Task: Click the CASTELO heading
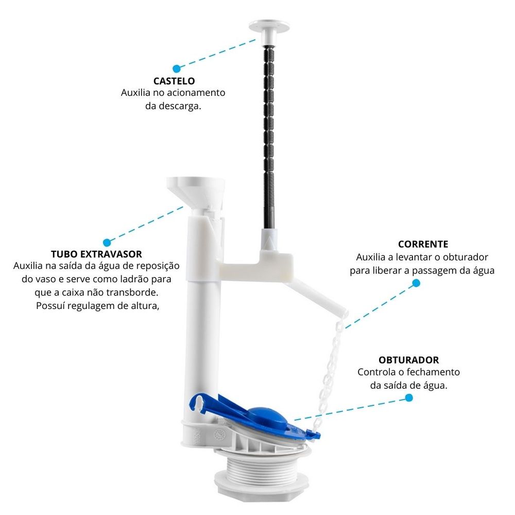(x=174, y=81)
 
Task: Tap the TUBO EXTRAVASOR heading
(x=96, y=254)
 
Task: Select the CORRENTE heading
(x=422, y=244)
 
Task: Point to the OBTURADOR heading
(x=408, y=360)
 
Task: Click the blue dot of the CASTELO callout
(x=176, y=68)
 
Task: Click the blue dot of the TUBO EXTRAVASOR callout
(x=107, y=242)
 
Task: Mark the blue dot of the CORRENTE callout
(x=416, y=283)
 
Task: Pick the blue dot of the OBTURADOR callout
(x=409, y=398)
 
